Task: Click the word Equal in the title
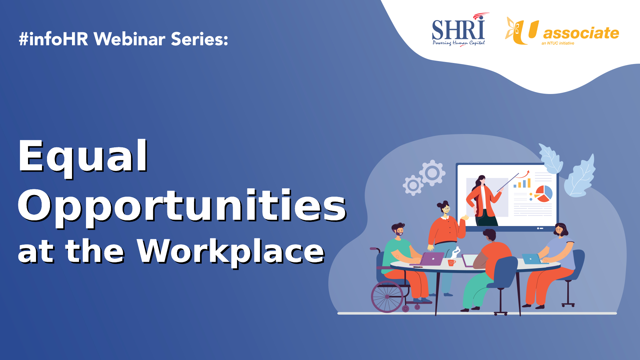tap(83, 157)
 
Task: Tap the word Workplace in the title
tap(231, 252)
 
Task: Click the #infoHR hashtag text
tap(54, 39)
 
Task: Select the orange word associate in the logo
tap(581, 33)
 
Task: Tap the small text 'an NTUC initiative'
tap(558, 43)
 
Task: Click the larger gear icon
tap(432, 173)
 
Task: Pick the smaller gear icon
tap(413, 185)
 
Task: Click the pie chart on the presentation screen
tap(544, 194)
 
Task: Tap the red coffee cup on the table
tap(452, 263)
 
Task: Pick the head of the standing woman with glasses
tap(444, 207)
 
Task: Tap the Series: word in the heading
tap(200, 39)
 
